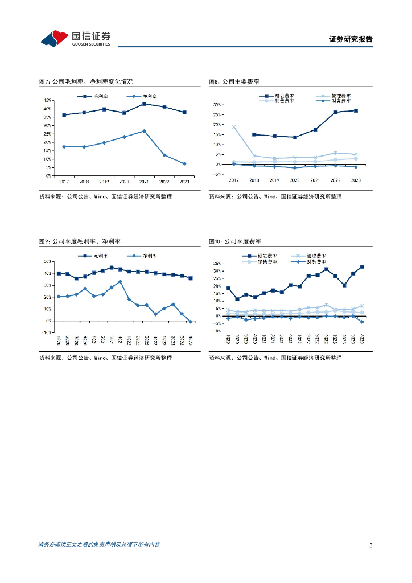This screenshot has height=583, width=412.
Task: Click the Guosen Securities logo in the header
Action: tap(75, 38)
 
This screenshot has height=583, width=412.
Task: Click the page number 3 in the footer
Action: tap(370, 545)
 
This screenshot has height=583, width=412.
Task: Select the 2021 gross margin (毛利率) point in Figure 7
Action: tap(144, 104)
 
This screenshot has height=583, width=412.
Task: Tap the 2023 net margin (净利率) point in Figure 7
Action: tap(184, 164)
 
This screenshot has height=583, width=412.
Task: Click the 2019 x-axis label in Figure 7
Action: tap(104, 181)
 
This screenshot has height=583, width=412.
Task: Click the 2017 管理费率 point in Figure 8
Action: tap(233, 127)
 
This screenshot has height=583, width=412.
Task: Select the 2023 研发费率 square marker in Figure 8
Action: tap(356, 110)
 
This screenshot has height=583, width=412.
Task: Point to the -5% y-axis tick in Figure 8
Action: tap(217, 174)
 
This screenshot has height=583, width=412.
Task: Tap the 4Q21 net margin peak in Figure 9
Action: tap(120, 281)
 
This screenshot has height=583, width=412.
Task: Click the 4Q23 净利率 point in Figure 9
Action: tap(190, 322)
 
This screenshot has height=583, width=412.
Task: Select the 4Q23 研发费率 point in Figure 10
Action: tap(361, 266)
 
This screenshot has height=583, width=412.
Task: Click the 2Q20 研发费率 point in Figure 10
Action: tap(237, 299)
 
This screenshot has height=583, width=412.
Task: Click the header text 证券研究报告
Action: tap(351, 39)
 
